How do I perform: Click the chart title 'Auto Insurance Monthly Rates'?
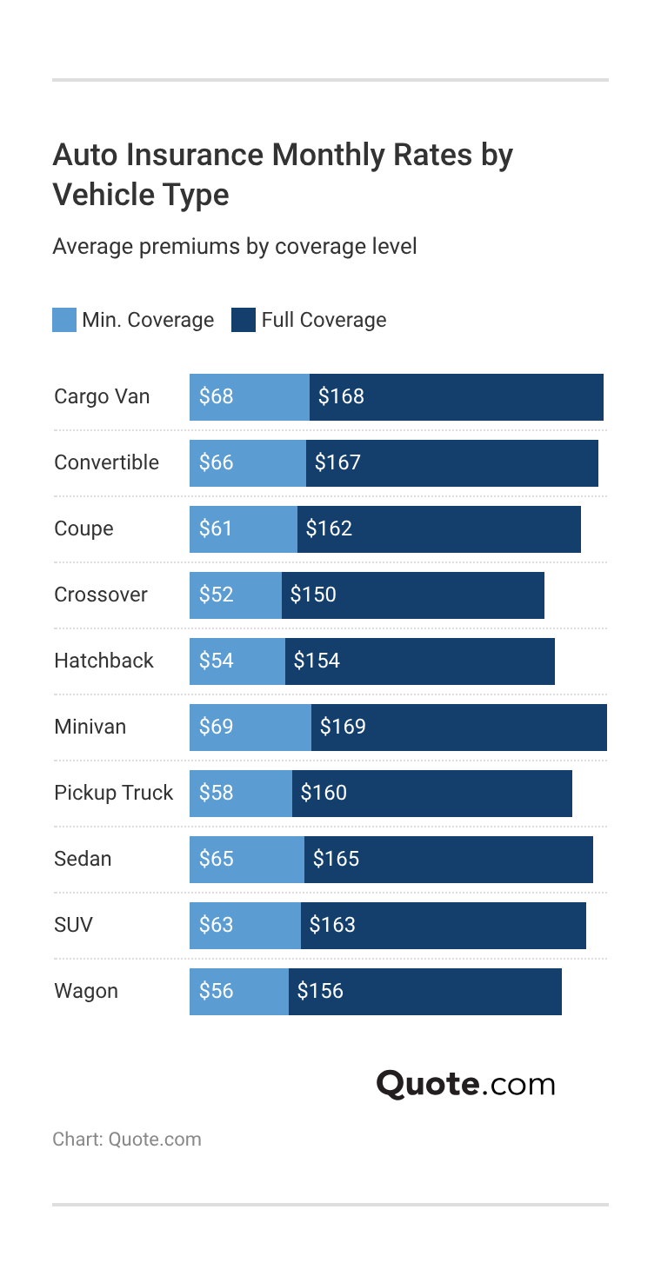pos(282,174)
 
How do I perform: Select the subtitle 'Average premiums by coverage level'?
pos(234,247)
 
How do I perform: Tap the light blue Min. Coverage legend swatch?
pos(63,320)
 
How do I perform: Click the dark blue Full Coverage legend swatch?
pos(243,320)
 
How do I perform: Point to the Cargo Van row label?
pos(102,396)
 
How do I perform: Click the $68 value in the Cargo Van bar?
pos(216,396)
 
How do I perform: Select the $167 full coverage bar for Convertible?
pos(452,462)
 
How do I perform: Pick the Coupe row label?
pos(83,528)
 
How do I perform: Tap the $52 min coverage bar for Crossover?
pos(236,595)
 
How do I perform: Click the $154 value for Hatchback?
pos(317,661)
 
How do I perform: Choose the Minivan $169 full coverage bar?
pos(459,727)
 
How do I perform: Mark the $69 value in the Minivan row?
pos(216,727)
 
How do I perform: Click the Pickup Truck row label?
pos(113,793)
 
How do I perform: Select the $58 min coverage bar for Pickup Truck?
pos(241,793)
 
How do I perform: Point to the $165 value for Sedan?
pos(336,859)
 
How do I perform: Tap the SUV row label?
pos(73,925)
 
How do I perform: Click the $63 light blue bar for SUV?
pos(245,925)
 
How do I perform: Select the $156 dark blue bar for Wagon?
pos(425,991)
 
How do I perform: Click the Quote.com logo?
pos(465,1084)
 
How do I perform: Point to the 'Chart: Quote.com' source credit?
pos(126,1140)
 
